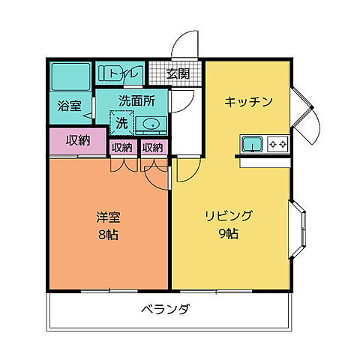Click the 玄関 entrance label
click(x=178, y=73)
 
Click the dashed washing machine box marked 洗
click(x=121, y=121)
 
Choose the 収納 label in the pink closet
click(x=77, y=140)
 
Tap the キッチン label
click(x=247, y=102)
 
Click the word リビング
click(x=230, y=217)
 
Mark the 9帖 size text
click(x=230, y=234)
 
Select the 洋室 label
click(x=109, y=218)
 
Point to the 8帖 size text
click(x=109, y=235)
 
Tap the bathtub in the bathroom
click(x=70, y=76)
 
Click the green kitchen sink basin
click(x=250, y=142)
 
